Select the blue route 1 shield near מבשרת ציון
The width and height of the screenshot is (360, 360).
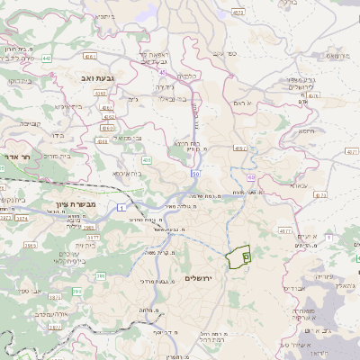[x=121, y=208]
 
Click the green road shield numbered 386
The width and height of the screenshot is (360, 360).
[x=101, y=275]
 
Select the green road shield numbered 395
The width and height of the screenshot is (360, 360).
[x=77, y=292]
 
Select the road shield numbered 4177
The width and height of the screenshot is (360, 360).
[x=284, y=231]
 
